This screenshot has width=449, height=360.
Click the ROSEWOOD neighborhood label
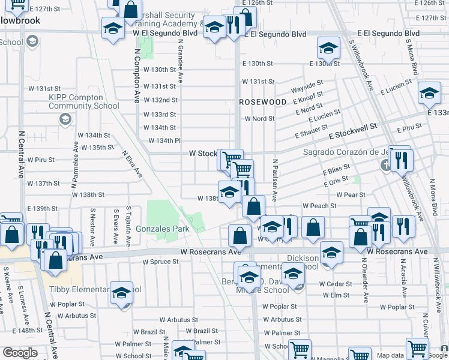pos(263,102)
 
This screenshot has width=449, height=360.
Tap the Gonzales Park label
pos(163,229)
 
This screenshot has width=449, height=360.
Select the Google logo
pos(20,353)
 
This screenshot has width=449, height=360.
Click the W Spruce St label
pos(160,262)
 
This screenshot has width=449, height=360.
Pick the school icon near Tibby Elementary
pos(122,293)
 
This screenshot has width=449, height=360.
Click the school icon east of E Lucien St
pos(429,94)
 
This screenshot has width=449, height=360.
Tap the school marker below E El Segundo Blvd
pos(328,48)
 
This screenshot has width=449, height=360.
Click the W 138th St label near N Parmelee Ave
pos(88,194)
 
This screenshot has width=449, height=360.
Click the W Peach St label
pos(319,206)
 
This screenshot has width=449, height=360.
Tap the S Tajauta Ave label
pos(128,227)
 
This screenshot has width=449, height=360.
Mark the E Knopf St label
pos(309,98)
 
